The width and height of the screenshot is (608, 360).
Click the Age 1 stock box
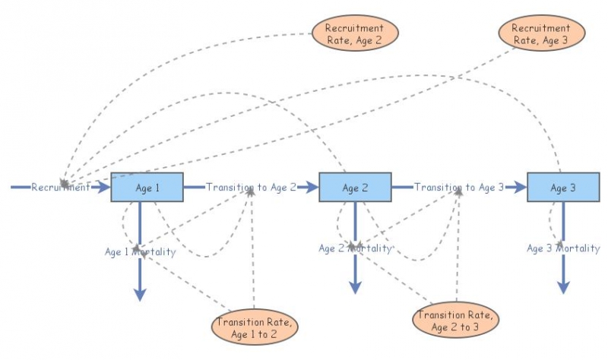147,188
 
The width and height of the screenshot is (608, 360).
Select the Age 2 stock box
355,188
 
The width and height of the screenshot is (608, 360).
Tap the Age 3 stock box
562,188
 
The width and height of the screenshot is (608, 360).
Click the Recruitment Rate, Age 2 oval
354,33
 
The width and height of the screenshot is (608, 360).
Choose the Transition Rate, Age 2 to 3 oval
455,320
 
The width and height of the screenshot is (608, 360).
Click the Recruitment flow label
61,187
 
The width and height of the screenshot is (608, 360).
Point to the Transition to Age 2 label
251,187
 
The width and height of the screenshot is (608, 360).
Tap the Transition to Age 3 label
459,187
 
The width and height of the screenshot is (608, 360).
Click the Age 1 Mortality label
141,251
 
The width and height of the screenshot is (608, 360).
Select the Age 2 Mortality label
355,248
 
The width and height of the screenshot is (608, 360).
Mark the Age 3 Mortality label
563,248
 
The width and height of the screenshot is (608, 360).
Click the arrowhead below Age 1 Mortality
140,294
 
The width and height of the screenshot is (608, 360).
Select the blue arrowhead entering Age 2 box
312,187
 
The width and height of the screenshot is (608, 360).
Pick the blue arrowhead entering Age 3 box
521,187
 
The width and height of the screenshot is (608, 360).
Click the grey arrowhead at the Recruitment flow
65,183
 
